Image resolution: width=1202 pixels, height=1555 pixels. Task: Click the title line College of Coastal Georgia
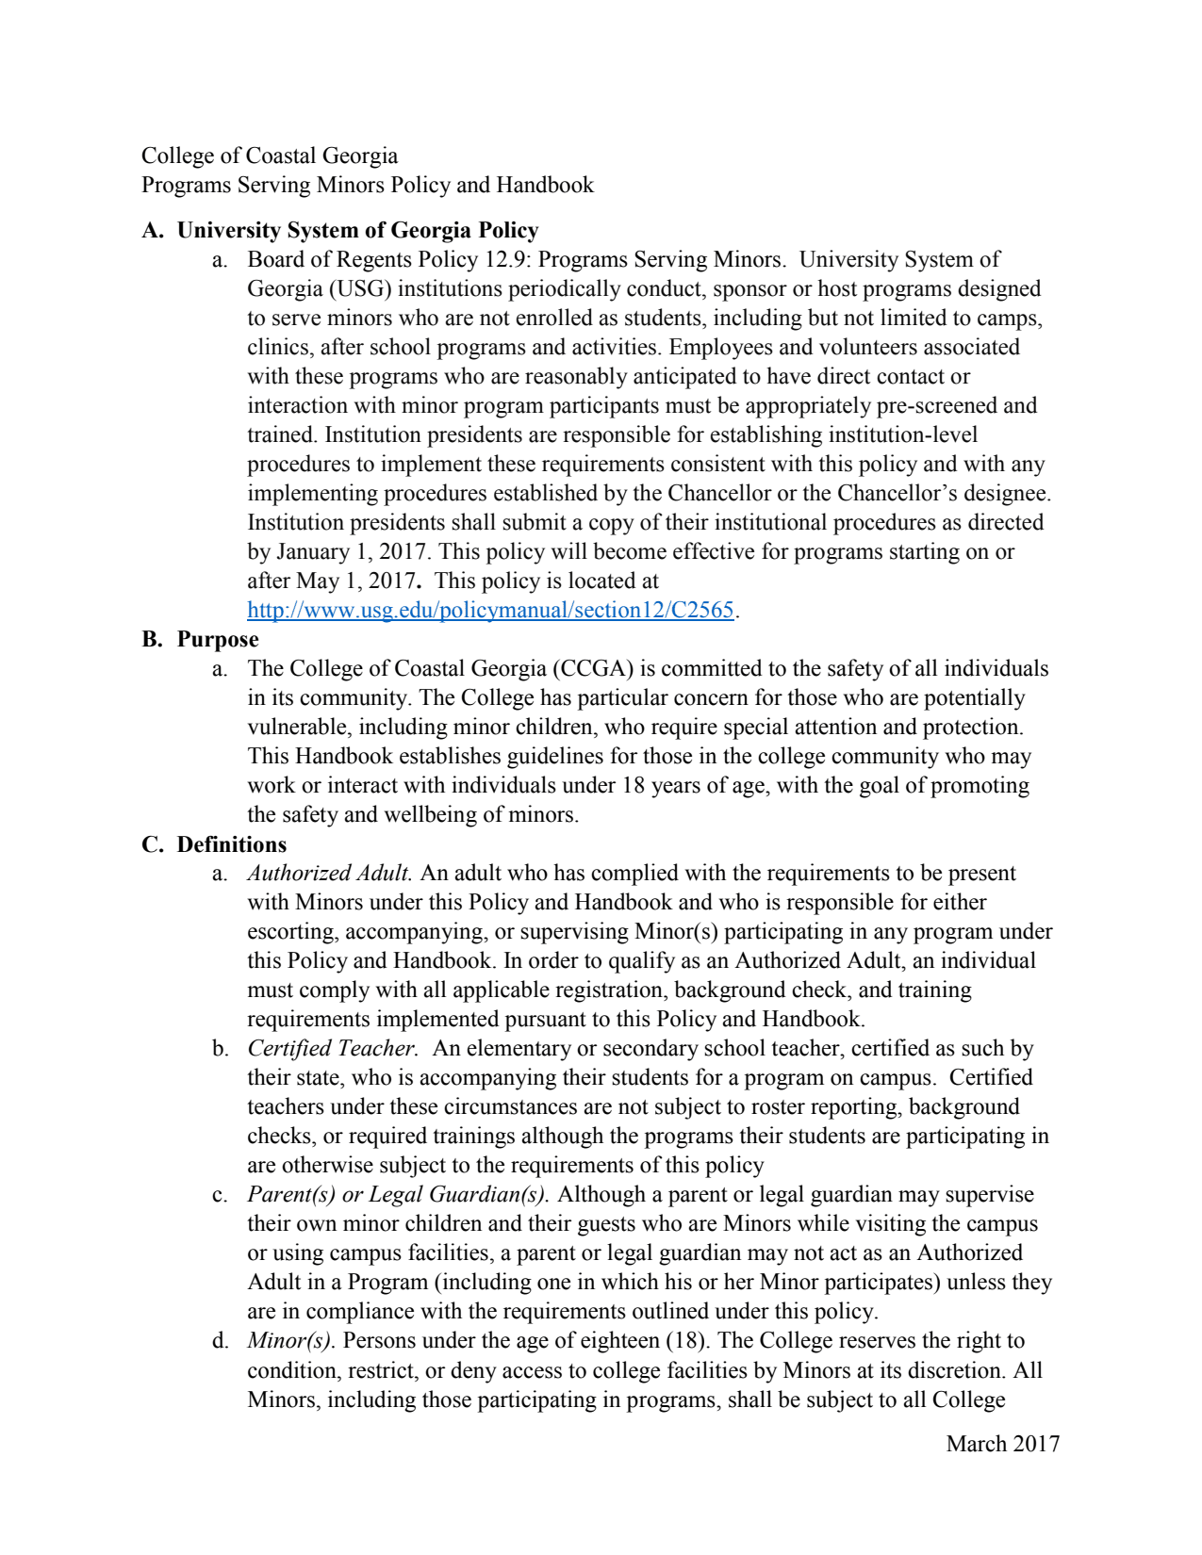269,155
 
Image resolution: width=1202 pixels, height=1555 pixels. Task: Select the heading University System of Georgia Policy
357,230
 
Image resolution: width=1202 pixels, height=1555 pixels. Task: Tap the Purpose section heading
218,639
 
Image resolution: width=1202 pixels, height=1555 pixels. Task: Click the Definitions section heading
232,843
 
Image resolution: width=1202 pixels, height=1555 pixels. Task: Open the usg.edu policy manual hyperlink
490,610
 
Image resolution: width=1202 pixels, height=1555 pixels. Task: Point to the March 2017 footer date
1002,1444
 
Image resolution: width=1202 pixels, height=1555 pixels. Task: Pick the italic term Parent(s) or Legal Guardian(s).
398,1194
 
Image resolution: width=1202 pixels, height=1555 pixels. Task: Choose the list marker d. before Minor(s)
220,1340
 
